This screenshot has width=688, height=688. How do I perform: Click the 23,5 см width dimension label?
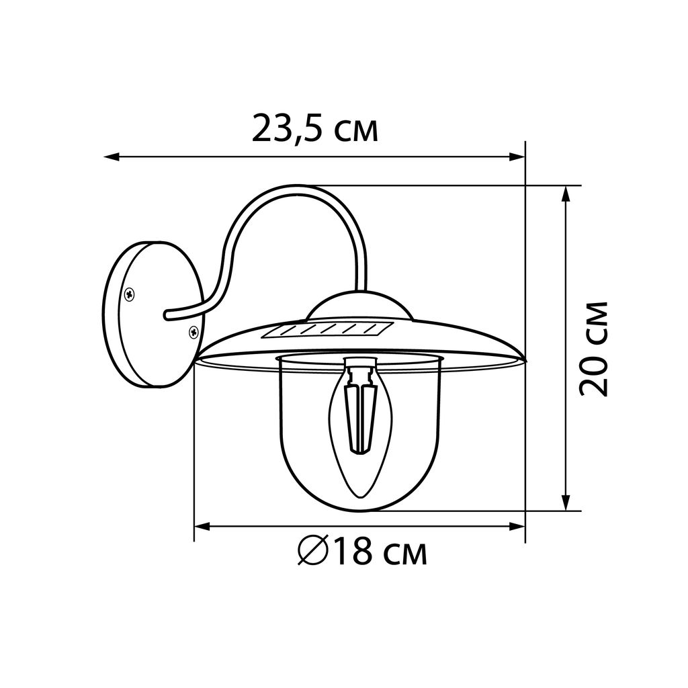(314, 128)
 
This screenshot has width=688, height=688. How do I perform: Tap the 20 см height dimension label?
(594, 349)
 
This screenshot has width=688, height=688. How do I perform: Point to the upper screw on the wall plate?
(130, 294)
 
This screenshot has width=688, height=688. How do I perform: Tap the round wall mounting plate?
(153, 314)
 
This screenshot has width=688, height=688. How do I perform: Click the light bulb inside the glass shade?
(361, 428)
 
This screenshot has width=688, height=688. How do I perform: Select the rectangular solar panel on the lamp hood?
(327, 330)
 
